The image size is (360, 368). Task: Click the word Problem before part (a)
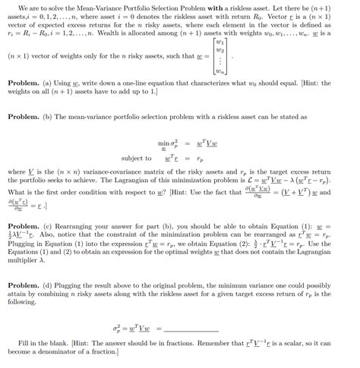[x=23, y=80]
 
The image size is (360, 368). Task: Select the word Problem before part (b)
[x=23, y=117]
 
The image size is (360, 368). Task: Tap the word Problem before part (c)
[x=23, y=225]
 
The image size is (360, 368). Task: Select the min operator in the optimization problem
[x=163, y=142]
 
